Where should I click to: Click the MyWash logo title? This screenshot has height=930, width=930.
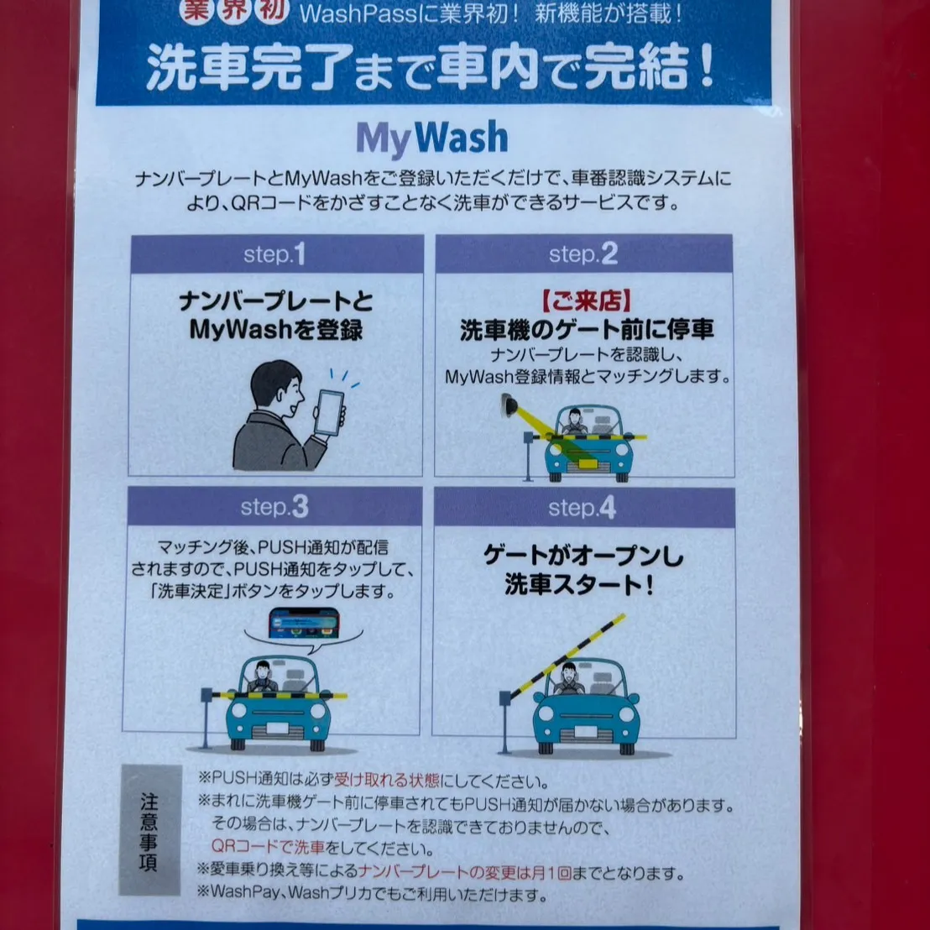click(432, 139)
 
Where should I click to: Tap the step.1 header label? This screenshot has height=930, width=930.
click(274, 254)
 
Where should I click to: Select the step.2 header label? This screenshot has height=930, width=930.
click(583, 254)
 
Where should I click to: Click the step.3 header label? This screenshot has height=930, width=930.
click(274, 507)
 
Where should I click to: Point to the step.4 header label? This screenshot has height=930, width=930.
click(583, 508)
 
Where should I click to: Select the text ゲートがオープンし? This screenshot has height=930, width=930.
click(584, 556)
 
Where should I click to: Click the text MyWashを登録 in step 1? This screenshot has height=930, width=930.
click(276, 330)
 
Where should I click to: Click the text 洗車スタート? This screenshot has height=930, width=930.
click(579, 586)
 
